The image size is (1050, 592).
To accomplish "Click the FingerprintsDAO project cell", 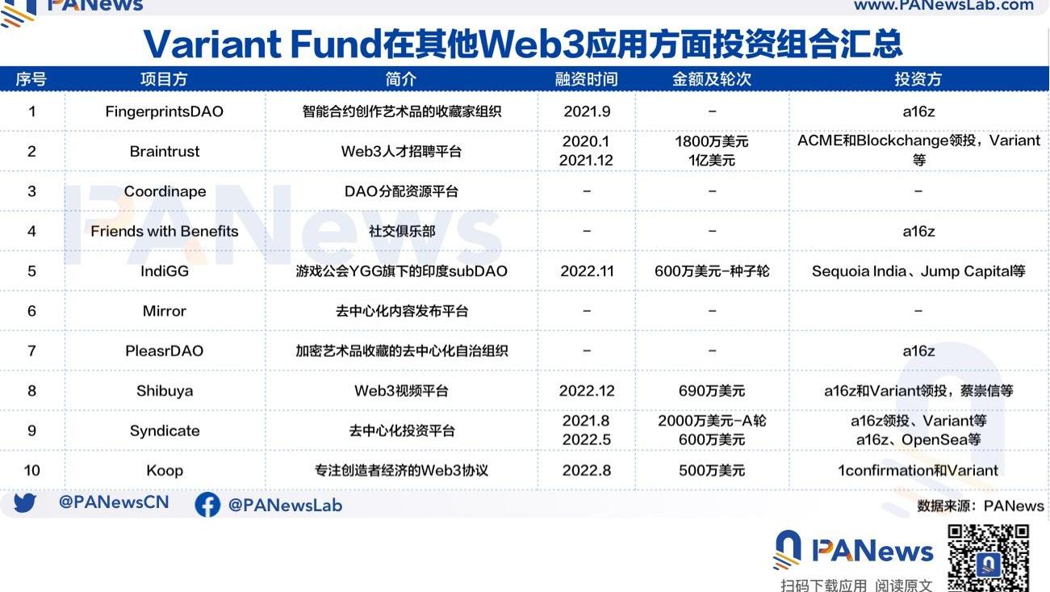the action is coord(164,111).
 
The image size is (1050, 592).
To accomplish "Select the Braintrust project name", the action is coord(165,152).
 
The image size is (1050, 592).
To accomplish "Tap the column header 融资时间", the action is coord(587,79).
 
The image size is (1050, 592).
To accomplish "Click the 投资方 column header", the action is coord(918,79).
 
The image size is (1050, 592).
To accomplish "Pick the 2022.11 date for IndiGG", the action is coord(587,271).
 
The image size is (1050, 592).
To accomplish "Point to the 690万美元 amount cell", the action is coord(712,391).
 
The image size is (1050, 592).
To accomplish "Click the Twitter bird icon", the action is coord(25,503).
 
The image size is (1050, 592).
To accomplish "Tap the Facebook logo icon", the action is coord(207,505).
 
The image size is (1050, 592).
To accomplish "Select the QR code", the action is coord(988,558).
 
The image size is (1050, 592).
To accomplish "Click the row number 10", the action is coord(31,471).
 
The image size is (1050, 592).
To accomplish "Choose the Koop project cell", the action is coord(165,471).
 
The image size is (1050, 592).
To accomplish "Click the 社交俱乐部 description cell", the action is coord(402,231).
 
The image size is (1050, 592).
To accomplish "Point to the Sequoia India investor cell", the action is coord(918,271).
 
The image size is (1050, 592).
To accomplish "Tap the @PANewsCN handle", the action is coord(114,502).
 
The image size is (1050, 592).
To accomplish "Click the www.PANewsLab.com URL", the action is coord(944,5).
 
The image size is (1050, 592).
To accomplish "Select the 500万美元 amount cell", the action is coord(712,471).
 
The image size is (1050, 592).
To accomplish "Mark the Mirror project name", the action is coord(165,311).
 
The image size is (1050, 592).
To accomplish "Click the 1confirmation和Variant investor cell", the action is coord(918,471).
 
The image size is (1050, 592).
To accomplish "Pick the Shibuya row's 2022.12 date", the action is coord(587,391).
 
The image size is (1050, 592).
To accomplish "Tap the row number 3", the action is coord(31,191).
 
